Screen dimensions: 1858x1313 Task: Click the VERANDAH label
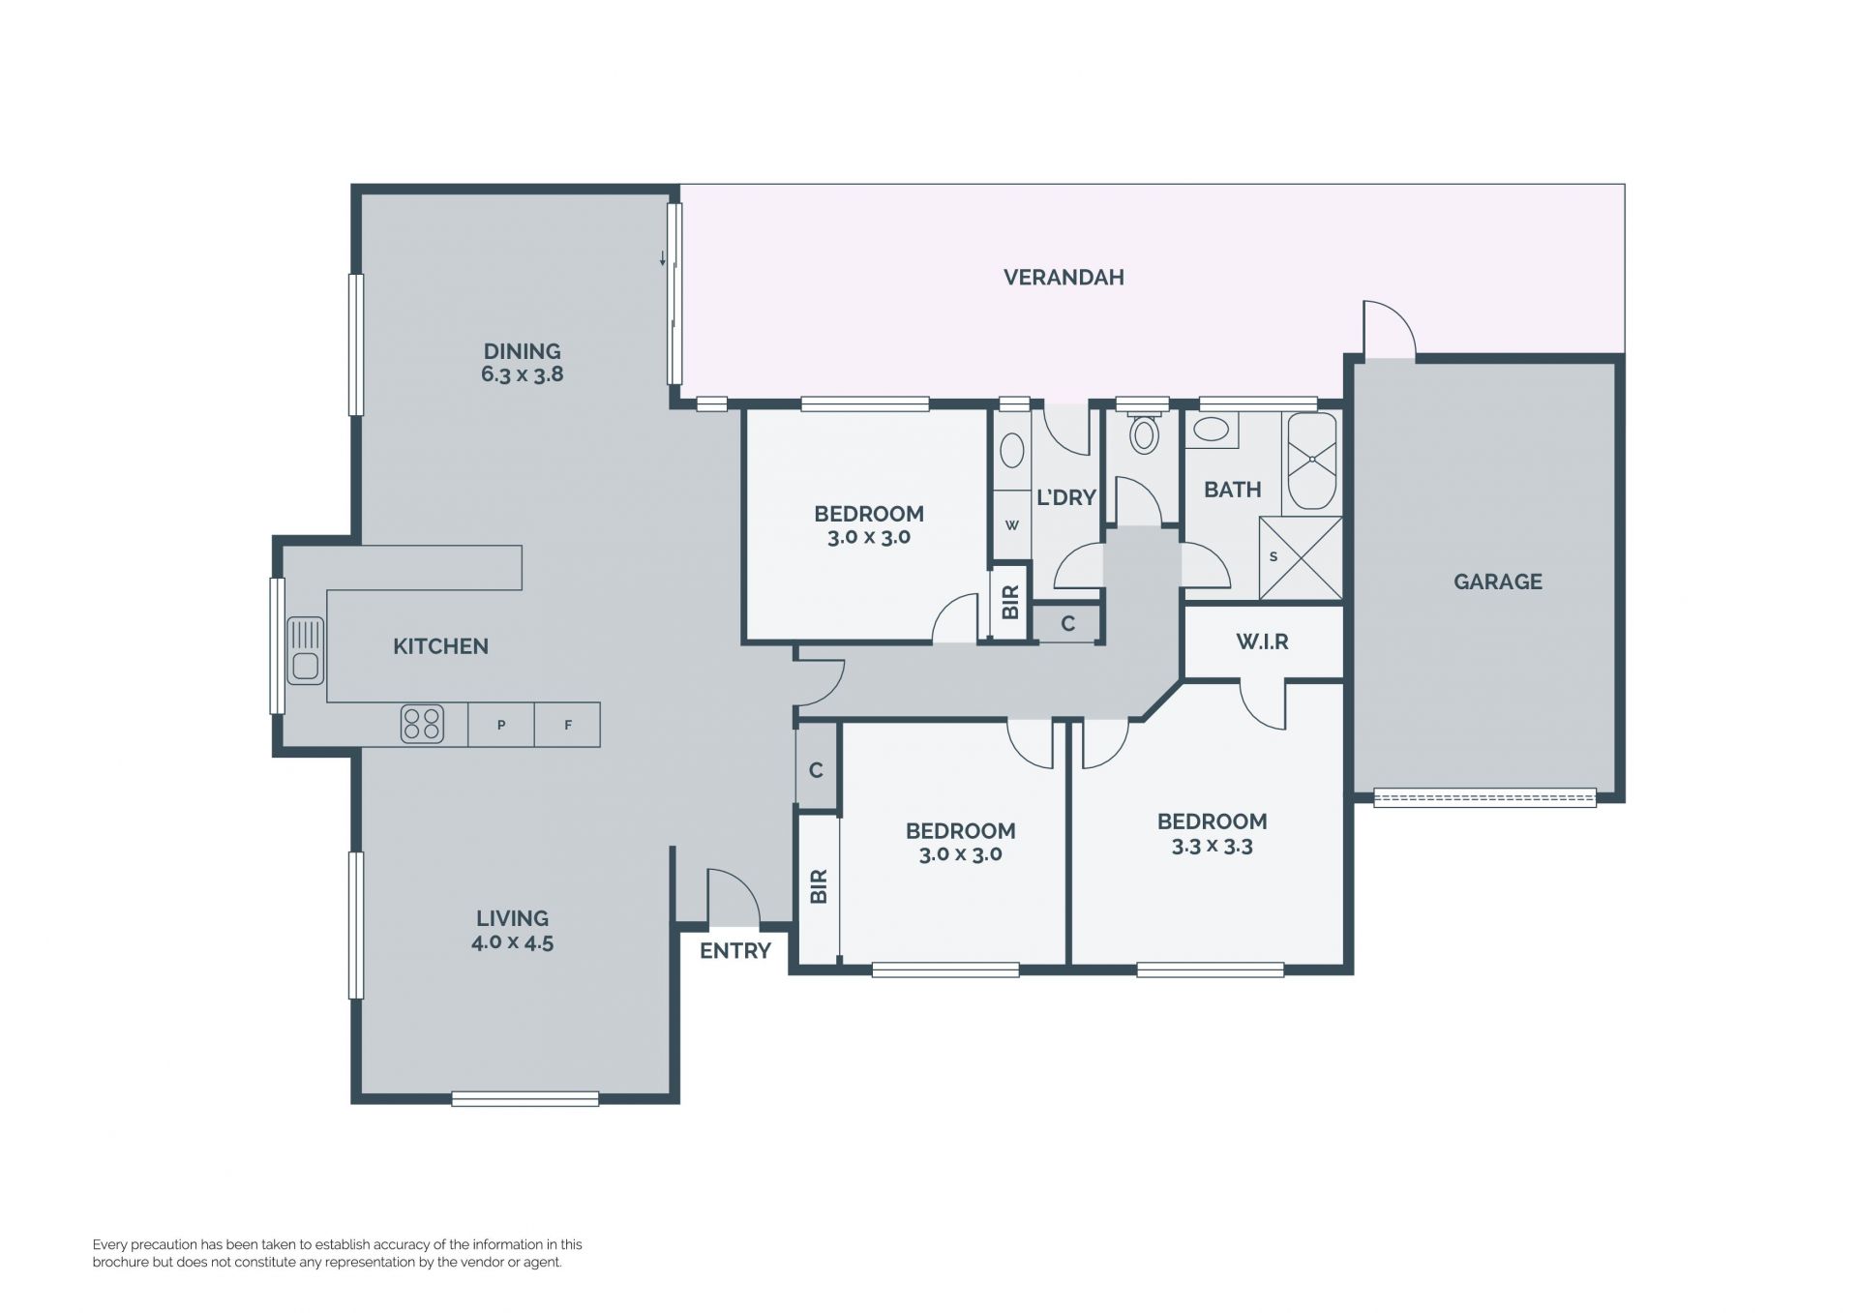tap(1064, 278)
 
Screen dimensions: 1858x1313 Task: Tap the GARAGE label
tap(1497, 582)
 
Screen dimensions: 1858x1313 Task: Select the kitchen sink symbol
tap(305, 650)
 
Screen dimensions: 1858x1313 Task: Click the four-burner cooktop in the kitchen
tap(422, 724)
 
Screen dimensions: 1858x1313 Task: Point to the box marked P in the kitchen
tap(501, 724)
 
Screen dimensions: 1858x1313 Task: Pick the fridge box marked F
tap(567, 724)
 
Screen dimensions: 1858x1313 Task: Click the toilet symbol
tap(1144, 433)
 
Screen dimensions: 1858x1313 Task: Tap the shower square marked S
tap(1301, 558)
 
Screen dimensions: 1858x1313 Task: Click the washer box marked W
tap(1012, 525)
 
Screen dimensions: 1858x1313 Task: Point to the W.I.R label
tap(1262, 642)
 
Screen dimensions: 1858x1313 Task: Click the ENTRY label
tap(735, 951)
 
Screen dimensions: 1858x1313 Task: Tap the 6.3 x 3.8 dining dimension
tap(523, 374)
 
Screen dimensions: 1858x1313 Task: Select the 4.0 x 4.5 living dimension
tap(512, 942)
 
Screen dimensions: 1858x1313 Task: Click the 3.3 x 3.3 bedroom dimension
tap(1212, 847)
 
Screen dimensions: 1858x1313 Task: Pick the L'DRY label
tap(1066, 497)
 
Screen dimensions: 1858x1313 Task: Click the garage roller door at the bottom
tap(1484, 798)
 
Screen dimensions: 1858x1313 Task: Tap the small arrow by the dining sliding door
tap(663, 258)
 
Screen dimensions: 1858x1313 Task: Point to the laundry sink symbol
tap(1012, 451)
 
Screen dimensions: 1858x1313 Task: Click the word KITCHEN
tap(440, 646)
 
